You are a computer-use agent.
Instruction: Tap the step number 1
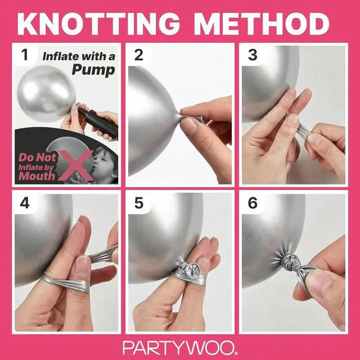pyautogui.click(x=25, y=55)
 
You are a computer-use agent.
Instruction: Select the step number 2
pyautogui.click(x=138, y=55)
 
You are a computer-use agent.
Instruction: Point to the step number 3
pyautogui.click(x=253, y=55)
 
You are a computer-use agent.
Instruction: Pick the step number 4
pyautogui.click(x=25, y=203)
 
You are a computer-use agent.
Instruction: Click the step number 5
pyautogui.click(x=139, y=203)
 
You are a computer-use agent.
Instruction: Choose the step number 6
pyautogui.click(x=253, y=203)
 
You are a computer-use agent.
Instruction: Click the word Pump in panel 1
pyautogui.click(x=93, y=70)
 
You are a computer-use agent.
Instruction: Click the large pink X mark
pyautogui.click(x=76, y=165)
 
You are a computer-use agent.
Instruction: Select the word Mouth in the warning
pyautogui.click(x=37, y=176)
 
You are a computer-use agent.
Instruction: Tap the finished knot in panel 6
pyautogui.click(x=290, y=262)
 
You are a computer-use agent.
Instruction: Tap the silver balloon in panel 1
pyautogui.click(x=46, y=94)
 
